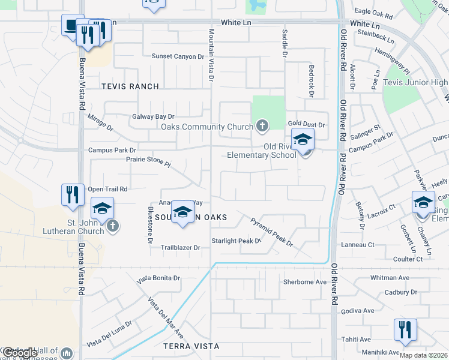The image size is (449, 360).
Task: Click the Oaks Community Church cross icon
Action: (262, 126)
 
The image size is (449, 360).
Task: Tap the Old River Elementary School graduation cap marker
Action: (303, 140)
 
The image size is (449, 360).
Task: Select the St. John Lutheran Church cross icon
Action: (112, 226)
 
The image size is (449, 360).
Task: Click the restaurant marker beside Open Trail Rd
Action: (73, 195)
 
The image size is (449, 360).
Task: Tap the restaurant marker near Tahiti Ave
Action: (405, 331)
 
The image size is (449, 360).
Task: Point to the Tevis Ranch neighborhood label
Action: (130, 86)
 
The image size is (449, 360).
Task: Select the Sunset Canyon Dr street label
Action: (178, 56)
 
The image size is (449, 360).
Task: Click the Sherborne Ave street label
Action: (304, 281)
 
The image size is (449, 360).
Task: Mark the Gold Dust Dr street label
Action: (306, 125)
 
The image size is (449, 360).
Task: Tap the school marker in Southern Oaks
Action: (183, 212)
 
